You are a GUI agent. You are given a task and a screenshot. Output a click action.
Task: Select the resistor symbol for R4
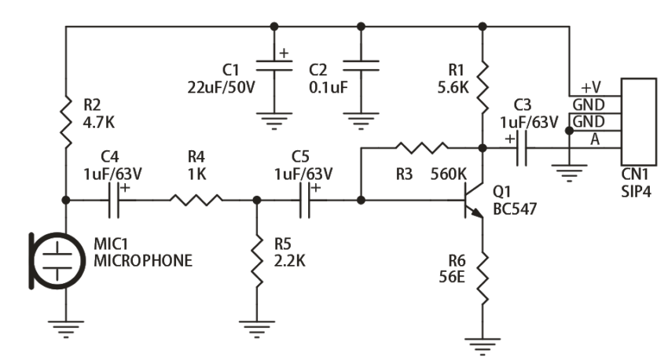click(x=195, y=200)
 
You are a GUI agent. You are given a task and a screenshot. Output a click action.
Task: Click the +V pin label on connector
click(x=591, y=86)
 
